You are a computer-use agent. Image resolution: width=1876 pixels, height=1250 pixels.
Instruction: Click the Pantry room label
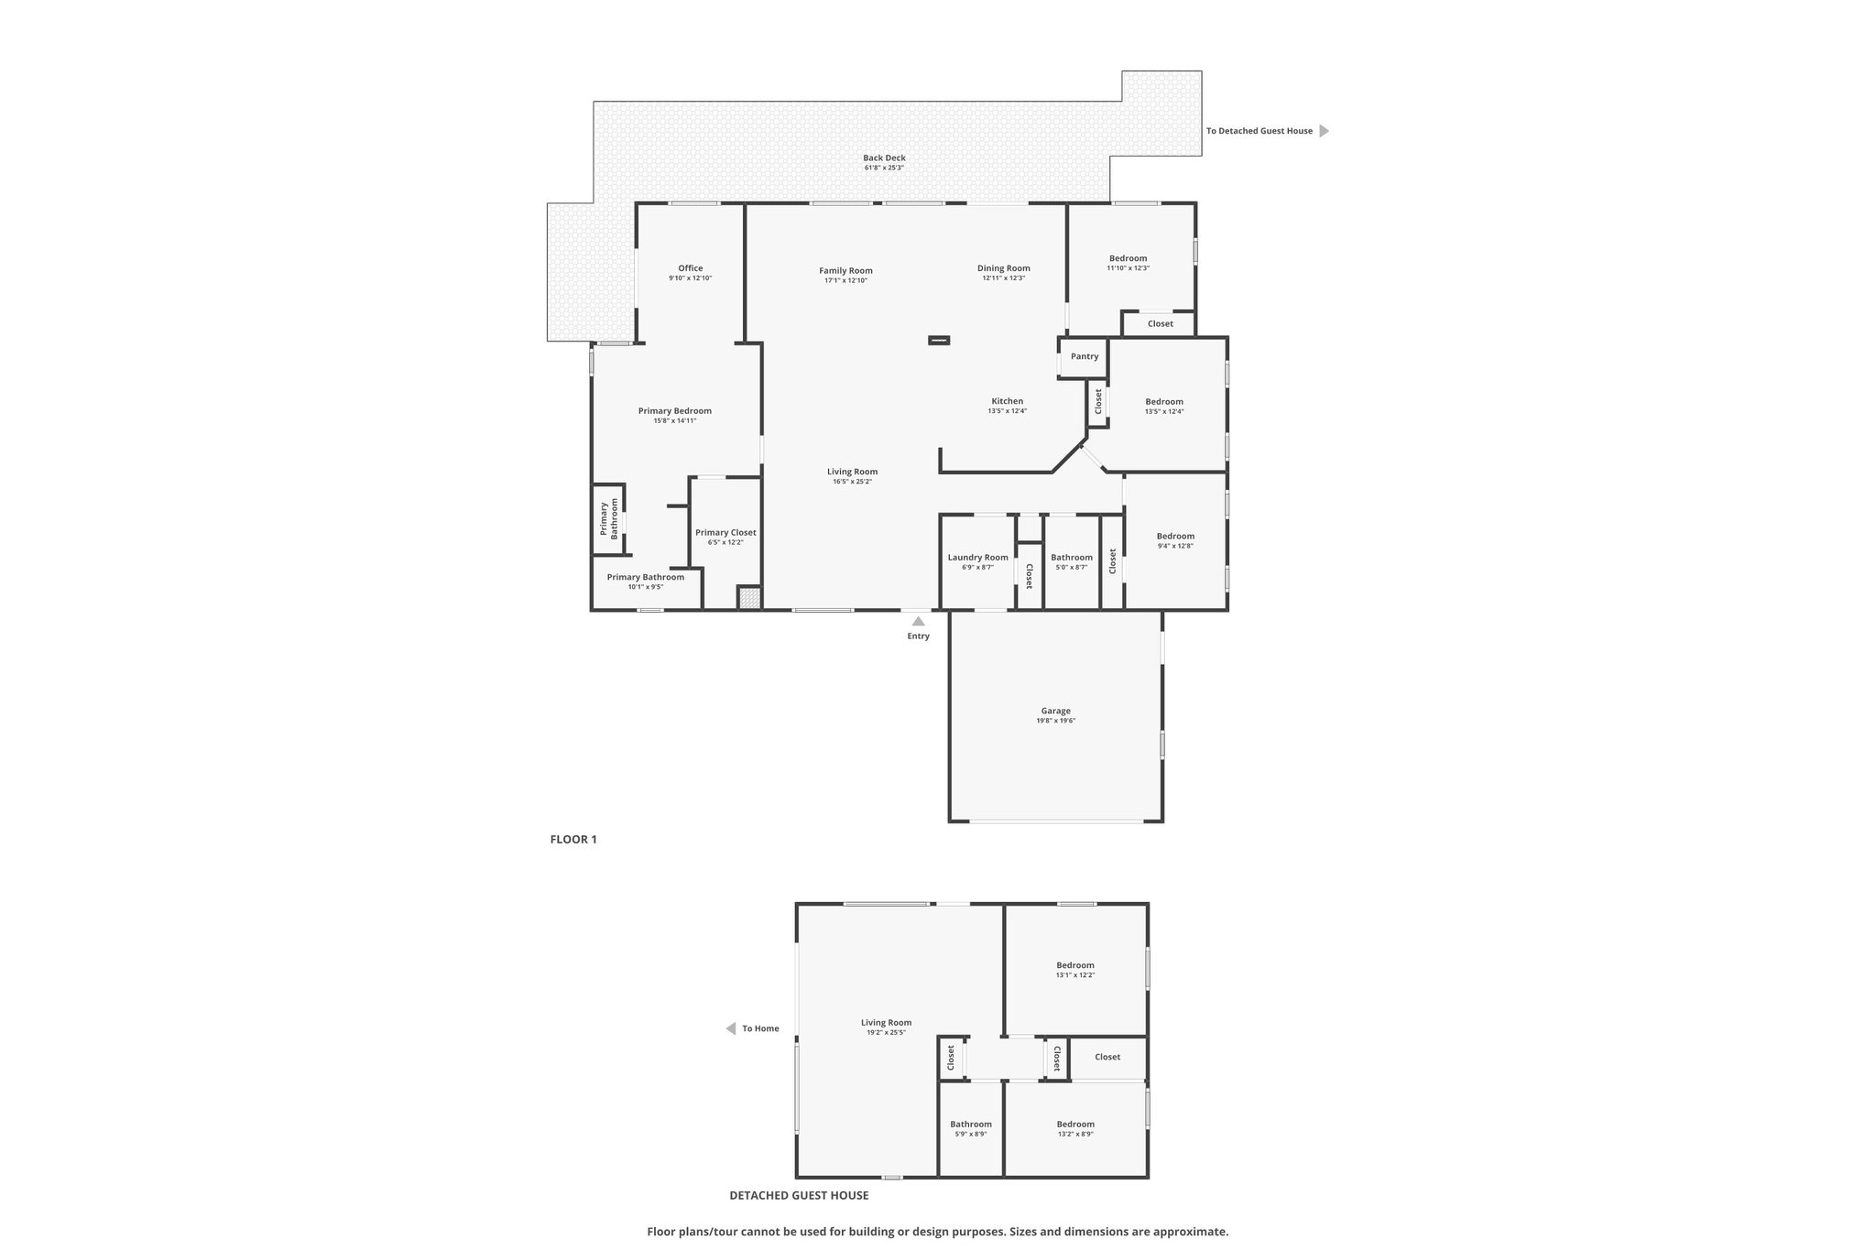point(1085,356)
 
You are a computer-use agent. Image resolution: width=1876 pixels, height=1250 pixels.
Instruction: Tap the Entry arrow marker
point(918,621)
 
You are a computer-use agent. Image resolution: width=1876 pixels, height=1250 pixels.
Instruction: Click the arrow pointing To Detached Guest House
point(1324,131)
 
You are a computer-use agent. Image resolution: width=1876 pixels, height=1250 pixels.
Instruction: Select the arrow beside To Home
point(731,1028)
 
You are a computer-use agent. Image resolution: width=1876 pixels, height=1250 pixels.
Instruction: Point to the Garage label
point(1055,711)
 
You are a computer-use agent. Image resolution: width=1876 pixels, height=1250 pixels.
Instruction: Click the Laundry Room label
point(977,558)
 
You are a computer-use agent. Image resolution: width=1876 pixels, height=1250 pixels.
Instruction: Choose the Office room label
point(691,268)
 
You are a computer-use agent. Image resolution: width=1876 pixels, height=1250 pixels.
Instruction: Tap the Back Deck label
point(884,158)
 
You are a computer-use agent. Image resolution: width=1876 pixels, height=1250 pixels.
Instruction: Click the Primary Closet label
point(725,532)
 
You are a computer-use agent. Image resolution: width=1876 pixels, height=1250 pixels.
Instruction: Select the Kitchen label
point(1008,401)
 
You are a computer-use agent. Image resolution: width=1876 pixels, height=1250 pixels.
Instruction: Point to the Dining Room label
point(1004,268)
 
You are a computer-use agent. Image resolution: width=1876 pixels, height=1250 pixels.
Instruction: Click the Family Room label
point(845,270)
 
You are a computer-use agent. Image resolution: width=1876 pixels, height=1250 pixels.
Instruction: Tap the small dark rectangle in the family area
point(939,341)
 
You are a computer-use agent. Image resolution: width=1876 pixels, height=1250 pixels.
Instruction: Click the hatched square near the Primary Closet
point(749,598)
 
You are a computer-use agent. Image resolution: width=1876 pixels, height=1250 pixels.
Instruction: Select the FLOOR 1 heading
point(573,839)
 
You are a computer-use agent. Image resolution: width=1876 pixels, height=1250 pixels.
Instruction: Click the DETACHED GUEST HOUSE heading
point(799,1195)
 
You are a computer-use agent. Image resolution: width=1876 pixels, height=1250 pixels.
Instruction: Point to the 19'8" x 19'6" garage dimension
point(1055,721)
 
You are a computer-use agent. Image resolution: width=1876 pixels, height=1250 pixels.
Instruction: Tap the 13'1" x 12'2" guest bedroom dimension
point(1075,975)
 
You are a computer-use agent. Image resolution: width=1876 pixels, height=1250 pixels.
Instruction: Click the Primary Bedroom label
point(675,410)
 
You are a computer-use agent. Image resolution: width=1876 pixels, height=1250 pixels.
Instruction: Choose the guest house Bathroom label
point(971,1125)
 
